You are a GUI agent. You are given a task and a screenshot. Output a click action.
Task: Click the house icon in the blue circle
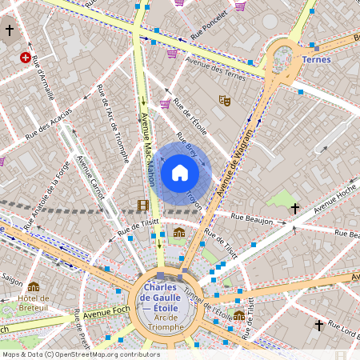tap(180, 172)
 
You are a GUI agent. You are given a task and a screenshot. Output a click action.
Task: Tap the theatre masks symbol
tap(225, 101)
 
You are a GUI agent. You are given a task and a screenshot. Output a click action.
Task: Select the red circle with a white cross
tap(26, 58)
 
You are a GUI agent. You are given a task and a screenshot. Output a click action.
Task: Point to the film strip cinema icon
tap(142, 205)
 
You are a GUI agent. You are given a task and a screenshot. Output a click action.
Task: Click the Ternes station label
tap(317, 58)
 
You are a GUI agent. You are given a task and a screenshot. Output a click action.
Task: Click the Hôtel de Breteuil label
tap(34, 304)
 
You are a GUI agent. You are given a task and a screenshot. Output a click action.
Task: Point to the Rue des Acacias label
tap(48, 126)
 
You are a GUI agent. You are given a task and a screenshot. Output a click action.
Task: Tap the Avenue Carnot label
tap(90, 178)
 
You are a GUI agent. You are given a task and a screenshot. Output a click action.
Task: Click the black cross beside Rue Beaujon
tap(295, 208)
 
